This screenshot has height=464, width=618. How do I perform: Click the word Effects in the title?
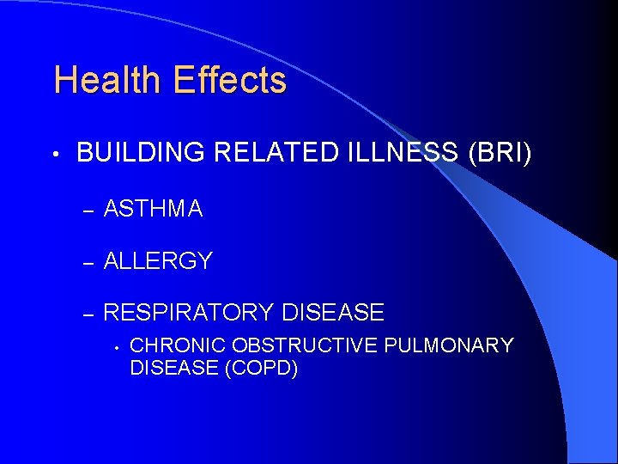229,81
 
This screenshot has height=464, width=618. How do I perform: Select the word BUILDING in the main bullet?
141,154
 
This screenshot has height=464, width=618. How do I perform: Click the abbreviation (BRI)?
500,154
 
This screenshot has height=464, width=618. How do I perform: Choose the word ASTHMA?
153,209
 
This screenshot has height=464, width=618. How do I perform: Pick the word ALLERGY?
158,261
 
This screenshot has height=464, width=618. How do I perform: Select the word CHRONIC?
179,345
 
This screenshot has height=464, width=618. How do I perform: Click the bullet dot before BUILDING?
56,156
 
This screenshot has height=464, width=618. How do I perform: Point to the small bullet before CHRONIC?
113,347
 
